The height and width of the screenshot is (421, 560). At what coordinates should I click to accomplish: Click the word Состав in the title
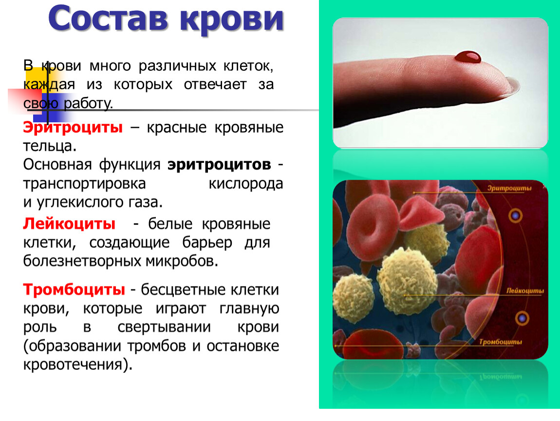click(108, 19)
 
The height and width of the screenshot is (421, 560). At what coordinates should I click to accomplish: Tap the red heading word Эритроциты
click(73, 127)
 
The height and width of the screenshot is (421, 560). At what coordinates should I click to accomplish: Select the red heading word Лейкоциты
click(69, 224)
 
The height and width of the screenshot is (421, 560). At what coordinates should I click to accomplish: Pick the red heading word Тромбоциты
click(74, 289)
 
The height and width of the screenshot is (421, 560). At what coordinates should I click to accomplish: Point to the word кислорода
click(246, 184)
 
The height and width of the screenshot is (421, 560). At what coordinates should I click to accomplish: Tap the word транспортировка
click(84, 184)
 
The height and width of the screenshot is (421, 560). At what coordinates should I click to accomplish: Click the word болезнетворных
click(82, 261)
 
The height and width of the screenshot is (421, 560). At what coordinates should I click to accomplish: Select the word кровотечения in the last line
click(73, 364)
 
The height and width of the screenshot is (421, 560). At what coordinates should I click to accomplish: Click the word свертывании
click(164, 327)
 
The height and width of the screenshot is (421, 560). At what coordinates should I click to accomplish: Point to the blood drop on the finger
click(467, 57)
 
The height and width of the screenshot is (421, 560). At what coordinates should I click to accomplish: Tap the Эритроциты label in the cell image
click(509, 188)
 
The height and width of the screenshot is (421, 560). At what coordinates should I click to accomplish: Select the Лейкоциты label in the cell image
click(525, 291)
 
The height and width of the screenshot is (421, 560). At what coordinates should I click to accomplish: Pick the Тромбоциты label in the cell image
click(500, 342)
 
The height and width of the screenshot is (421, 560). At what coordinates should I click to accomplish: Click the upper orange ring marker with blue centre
click(515, 216)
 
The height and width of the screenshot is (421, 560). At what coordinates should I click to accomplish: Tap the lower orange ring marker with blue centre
click(522, 318)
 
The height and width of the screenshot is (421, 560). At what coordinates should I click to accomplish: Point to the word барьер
click(207, 243)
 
